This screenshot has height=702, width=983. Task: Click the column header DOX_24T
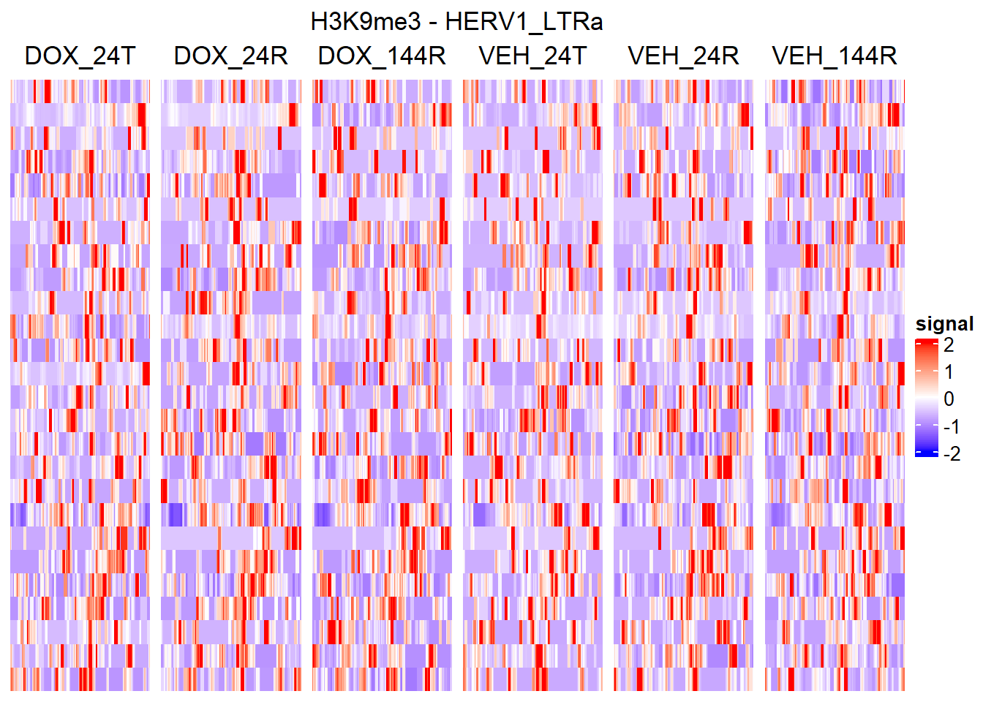80,56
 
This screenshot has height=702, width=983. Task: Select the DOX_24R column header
230,56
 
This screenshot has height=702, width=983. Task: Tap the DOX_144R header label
382,56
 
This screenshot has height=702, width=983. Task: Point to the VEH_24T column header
532,56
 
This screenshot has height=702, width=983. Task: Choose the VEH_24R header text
683,56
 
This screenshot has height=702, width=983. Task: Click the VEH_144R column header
835,56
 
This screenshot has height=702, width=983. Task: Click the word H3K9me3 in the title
365,22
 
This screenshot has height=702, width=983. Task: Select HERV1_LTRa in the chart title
524,22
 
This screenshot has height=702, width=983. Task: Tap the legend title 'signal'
944,324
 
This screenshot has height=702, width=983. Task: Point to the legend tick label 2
949,344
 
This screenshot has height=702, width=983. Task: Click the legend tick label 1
949,371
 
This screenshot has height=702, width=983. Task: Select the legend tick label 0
949,399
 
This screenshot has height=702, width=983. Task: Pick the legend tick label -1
951,426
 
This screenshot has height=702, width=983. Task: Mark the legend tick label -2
951,454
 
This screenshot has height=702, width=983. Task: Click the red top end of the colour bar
926,341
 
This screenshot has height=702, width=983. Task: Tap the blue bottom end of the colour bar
926,453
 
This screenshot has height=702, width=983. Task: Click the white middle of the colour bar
926,399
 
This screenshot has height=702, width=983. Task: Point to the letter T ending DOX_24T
127,56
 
